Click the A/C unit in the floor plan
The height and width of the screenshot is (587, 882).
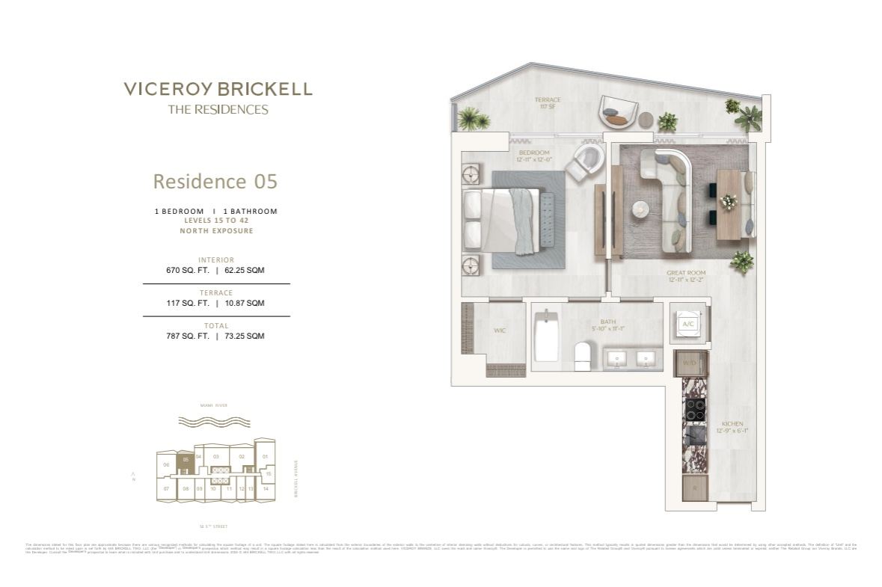tap(687, 323)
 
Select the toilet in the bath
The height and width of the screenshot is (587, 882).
tap(583, 354)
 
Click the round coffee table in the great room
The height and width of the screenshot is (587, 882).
tap(641, 209)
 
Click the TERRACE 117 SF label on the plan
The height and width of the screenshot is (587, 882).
tap(547, 103)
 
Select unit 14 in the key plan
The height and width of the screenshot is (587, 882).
tap(265, 488)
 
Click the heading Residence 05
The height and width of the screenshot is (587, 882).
tap(215, 182)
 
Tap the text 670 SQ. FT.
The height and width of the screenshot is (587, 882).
tap(188, 271)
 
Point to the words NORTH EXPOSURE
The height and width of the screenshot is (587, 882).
tap(216, 231)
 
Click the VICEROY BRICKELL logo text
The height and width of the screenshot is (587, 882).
tap(218, 90)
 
